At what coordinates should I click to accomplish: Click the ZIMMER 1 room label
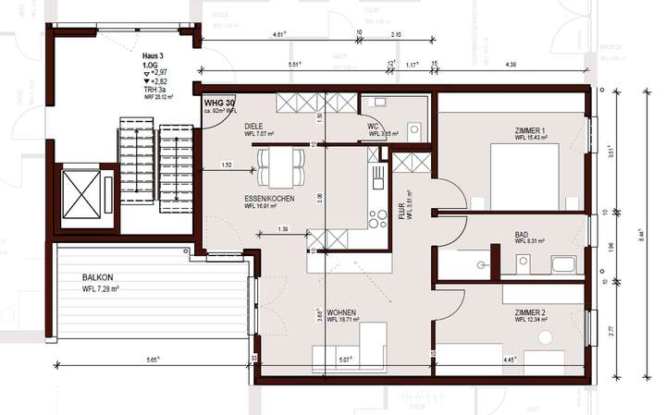[531, 132]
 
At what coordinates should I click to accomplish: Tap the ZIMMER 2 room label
[531, 312]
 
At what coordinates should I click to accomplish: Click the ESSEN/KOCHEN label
[270, 198]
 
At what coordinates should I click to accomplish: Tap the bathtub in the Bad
[564, 265]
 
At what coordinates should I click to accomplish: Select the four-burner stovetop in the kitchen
[377, 219]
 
